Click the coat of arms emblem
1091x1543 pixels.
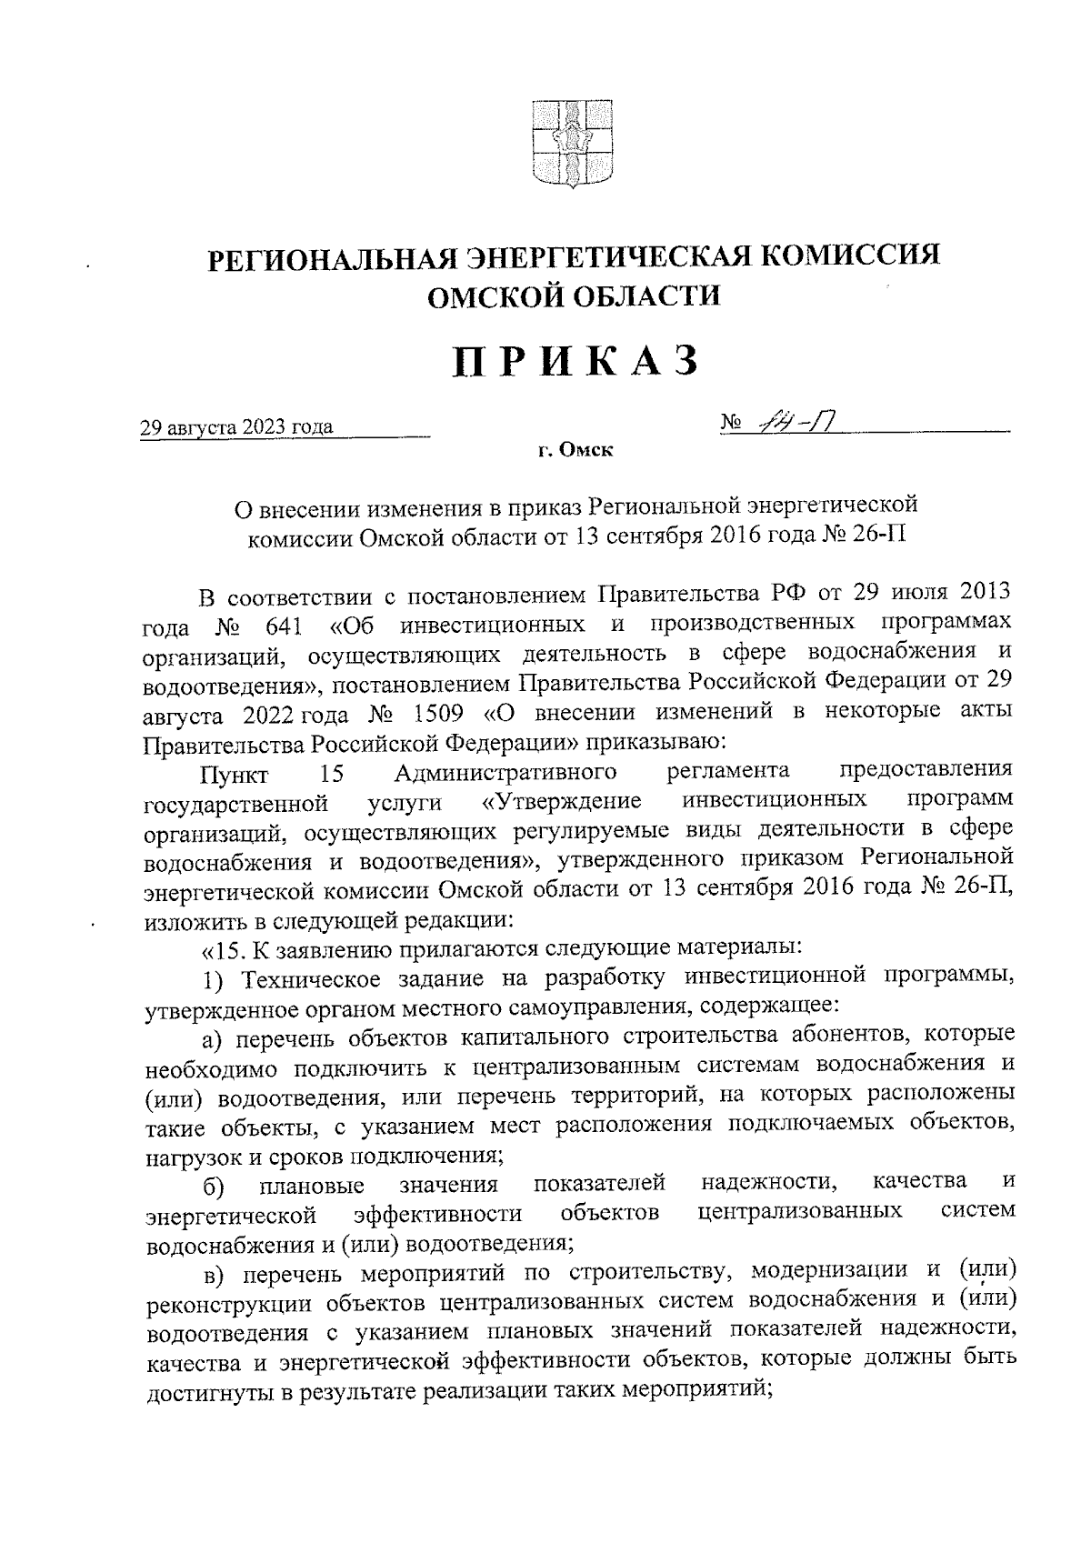coord(573,145)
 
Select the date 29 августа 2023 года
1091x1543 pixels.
coord(236,427)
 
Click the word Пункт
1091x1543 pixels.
coord(235,774)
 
